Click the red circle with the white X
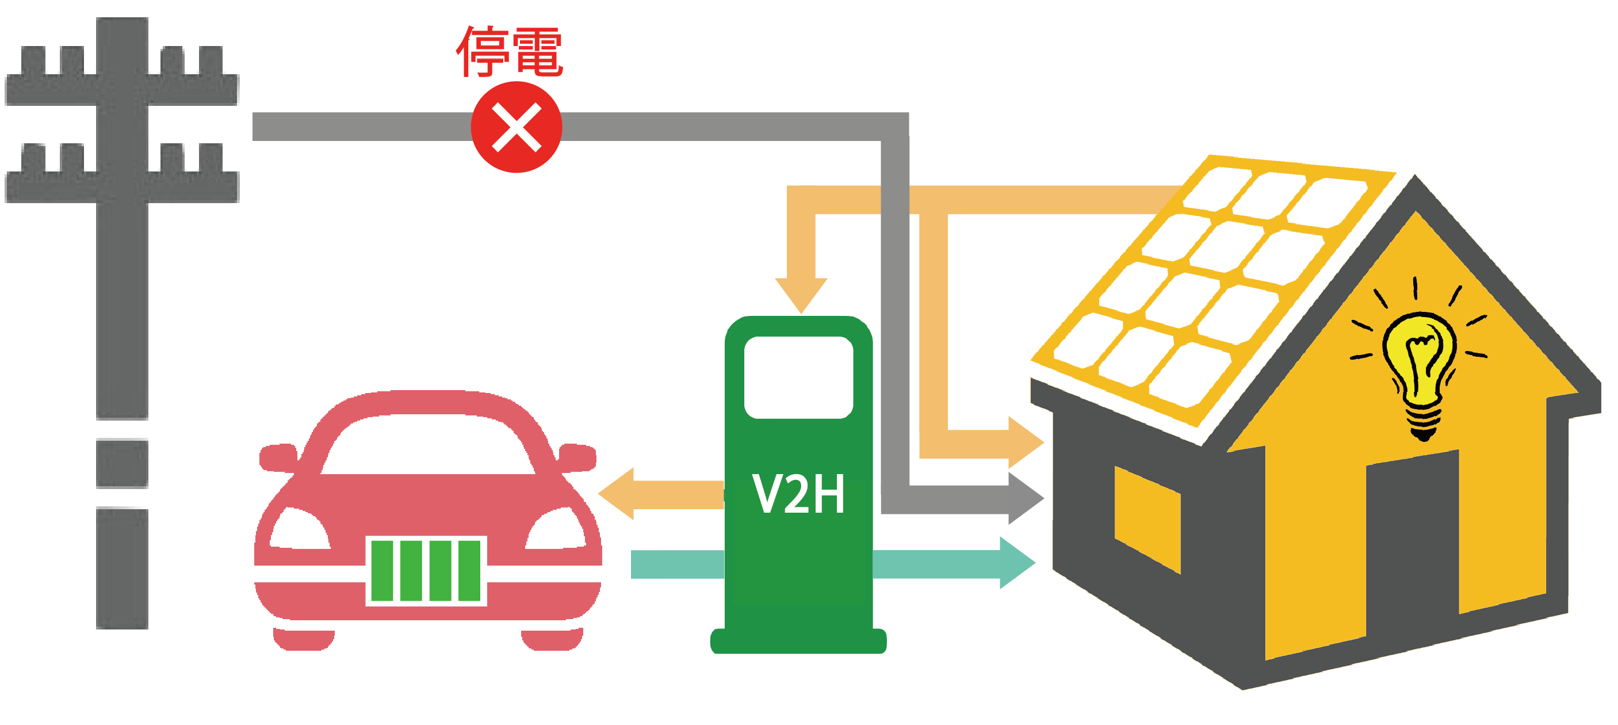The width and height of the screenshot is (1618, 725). point(517,128)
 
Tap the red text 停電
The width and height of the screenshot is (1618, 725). point(510,52)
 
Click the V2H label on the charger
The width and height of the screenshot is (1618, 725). point(798,494)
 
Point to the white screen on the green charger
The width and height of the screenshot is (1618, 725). point(798,377)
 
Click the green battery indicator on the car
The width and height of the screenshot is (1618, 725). point(426,570)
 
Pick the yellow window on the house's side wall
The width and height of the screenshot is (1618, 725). point(1147,519)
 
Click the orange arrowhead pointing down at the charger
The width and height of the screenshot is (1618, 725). point(801,293)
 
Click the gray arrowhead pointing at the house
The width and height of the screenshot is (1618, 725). point(1024,499)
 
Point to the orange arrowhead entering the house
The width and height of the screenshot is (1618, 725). point(1024,442)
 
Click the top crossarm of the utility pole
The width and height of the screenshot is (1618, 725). point(122,88)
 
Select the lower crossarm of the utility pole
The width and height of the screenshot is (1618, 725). point(122,186)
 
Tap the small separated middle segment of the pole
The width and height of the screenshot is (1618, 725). point(122,464)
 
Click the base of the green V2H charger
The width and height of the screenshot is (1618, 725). point(798,641)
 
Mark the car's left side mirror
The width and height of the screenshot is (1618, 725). point(278,457)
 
